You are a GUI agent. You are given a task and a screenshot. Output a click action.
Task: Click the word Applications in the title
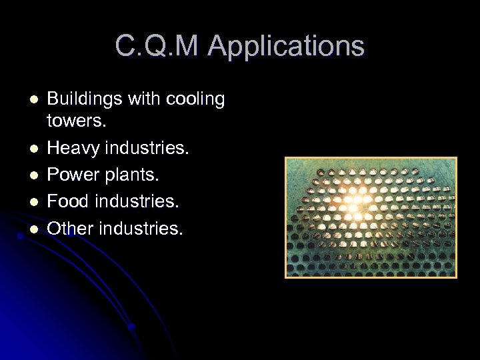[286, 47]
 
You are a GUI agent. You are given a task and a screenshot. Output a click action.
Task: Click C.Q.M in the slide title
[157, 47]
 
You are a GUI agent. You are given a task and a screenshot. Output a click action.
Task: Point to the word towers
[76, 122]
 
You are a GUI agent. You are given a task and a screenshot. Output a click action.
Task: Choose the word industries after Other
[141, 228]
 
